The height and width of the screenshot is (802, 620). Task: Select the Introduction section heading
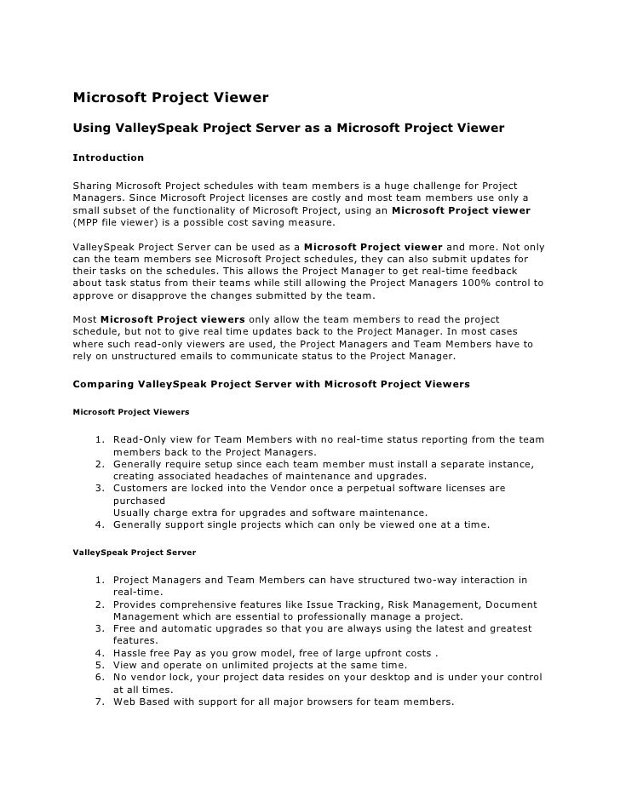108,158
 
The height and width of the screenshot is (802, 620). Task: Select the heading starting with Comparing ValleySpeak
272,384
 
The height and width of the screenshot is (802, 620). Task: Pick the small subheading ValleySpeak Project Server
135,553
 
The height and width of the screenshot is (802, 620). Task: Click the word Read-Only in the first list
141,439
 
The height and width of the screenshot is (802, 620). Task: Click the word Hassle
131,653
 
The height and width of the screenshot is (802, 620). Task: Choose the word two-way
438,581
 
